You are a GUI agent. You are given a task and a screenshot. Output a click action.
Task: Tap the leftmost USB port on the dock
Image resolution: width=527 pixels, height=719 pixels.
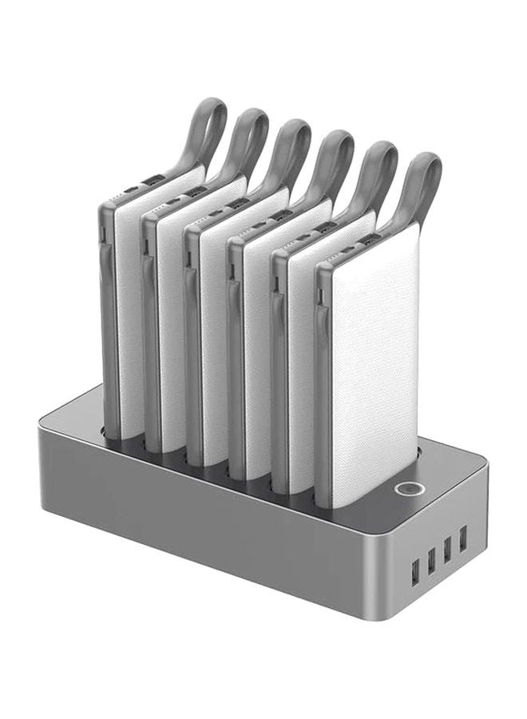click(415, 573)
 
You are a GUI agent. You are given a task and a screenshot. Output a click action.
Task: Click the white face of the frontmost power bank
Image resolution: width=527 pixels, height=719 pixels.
click(374, 359)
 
